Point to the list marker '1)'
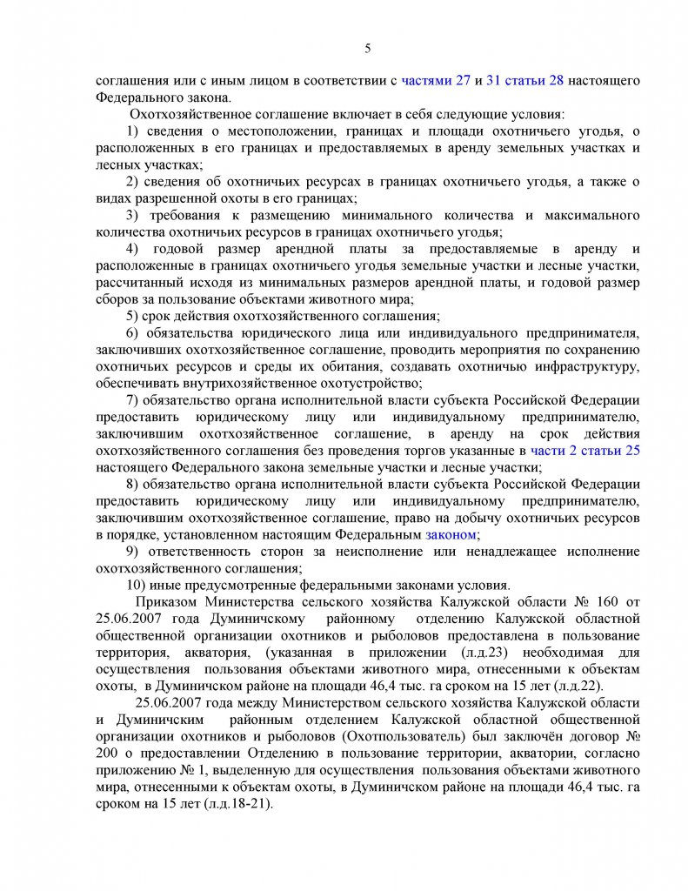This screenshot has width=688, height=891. point(133,131)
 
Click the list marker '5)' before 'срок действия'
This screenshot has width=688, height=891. point(133,316)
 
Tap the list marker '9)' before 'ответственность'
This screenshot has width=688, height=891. point(133,552)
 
